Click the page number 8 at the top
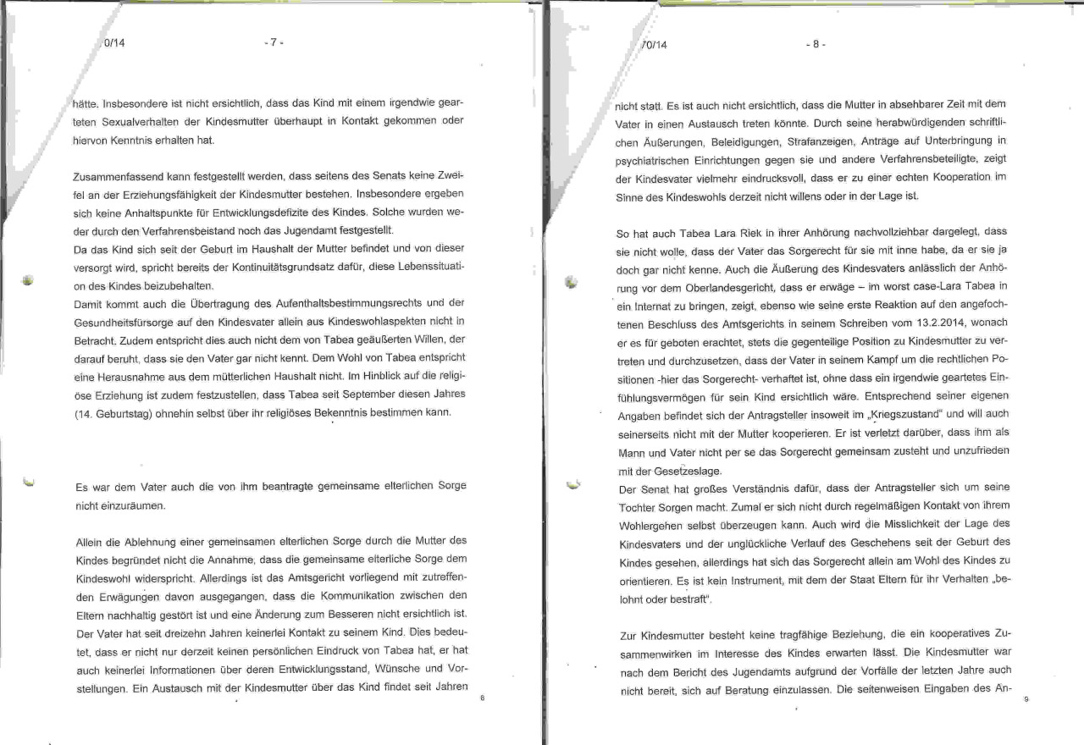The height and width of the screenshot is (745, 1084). pyautogui.click(x=815, y=45)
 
